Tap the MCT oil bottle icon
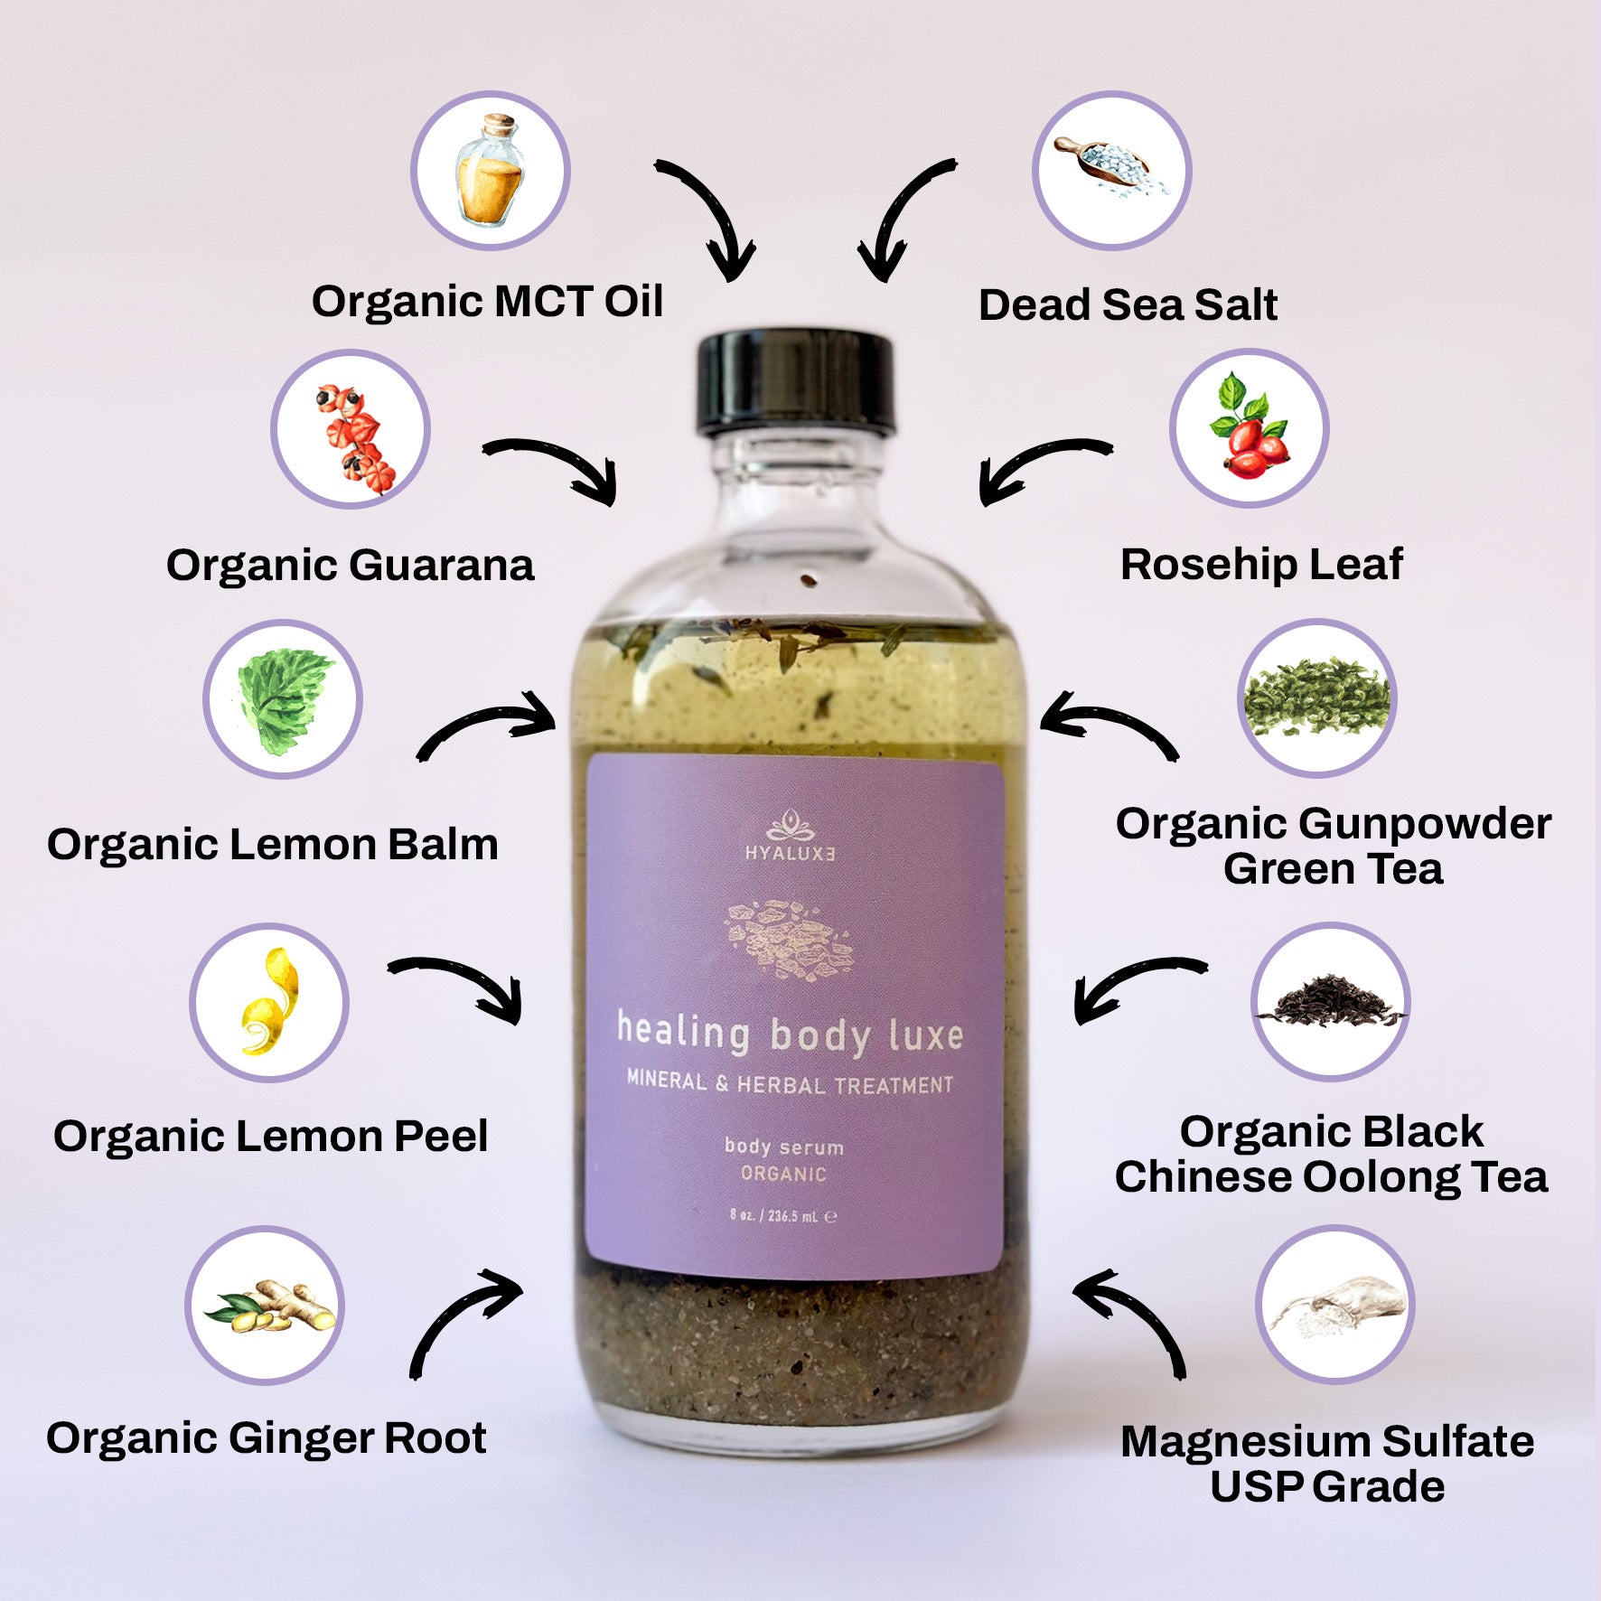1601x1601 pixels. point(491,170)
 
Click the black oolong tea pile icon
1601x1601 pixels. point(1330,1001)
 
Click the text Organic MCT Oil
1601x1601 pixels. point(487,301)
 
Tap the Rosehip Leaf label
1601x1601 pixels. point(1261,565)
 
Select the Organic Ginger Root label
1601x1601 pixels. point(267,1437)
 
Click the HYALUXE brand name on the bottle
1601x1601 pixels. point(791,853)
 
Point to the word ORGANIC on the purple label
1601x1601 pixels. point(783,1174)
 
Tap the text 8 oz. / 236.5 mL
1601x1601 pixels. point(783,1215)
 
